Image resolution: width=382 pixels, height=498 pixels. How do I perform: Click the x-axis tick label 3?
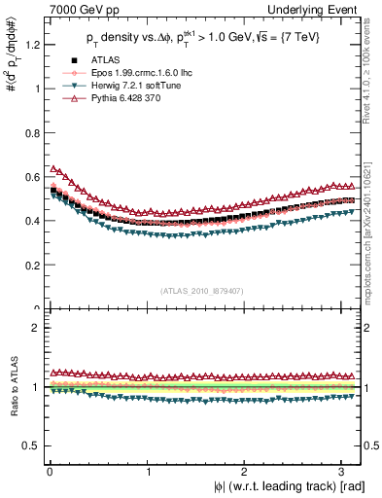[x=344, y=471]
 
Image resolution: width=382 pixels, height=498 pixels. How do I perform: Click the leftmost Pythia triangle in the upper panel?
[x=54, y=169]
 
